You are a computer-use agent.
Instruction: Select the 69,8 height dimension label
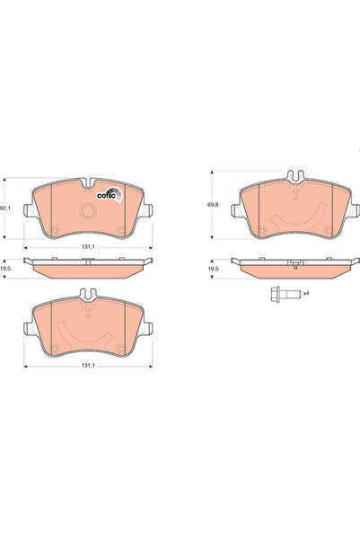point(214,206)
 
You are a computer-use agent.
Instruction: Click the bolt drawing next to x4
point(283,292)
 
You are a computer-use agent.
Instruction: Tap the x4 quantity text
point(306,292)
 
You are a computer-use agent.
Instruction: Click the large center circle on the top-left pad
point(89,212)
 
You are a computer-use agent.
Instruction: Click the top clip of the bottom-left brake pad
point(89,292)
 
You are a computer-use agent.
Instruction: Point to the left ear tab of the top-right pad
point(235,212)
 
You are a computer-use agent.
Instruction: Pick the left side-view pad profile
point(89,266)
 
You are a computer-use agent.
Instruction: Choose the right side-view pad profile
point(293,266)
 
